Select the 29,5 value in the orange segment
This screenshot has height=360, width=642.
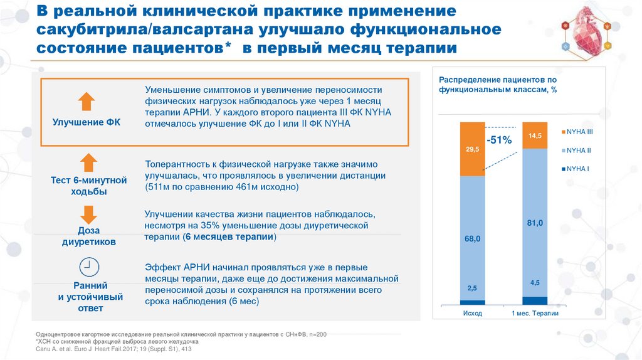coord(472,149)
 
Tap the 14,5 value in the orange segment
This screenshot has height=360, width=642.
coord(535,135)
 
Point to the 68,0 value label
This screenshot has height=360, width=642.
coord(472,239)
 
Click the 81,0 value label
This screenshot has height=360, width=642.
coord(535,223)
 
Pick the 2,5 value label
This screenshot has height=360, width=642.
coord(472,288)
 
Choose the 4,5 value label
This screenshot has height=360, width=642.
coord(535,282)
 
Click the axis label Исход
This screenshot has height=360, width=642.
coord(472,313)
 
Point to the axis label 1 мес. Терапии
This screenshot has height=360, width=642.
coord(535,313)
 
